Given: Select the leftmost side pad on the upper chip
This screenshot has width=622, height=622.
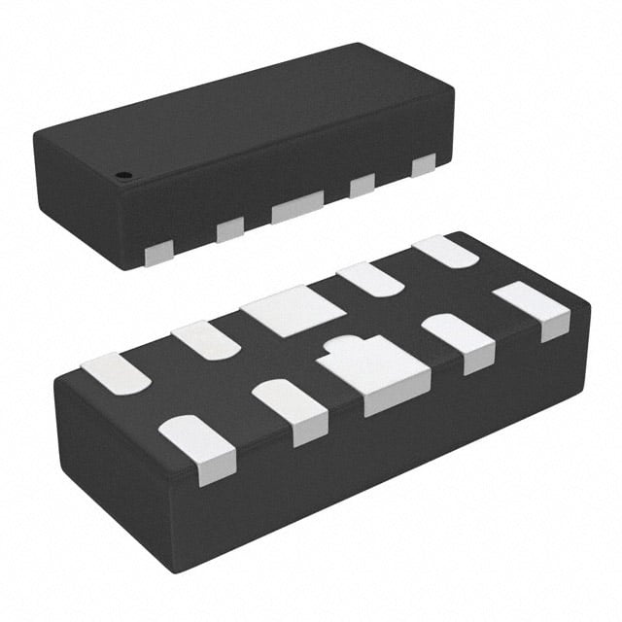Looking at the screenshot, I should click(x=157, y=255).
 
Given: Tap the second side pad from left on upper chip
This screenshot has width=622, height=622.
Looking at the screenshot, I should click(x=230, y=229).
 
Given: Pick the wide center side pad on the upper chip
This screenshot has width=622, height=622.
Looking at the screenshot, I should click(x=297, y=207).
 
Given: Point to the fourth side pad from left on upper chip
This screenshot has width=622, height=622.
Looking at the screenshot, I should click(x=363, y=184).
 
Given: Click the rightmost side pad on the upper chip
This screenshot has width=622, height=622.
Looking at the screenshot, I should click(x=423, y=165).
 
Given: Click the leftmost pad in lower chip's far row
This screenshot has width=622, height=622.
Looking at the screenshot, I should click(x=115, y=374).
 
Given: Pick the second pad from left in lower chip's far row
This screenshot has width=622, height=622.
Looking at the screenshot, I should click(x=204, y=339).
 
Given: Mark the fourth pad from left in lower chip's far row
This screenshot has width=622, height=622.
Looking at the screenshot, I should click(x=371, y=279).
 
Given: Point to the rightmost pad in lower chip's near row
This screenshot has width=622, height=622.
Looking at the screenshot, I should click(x=533, y=308).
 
